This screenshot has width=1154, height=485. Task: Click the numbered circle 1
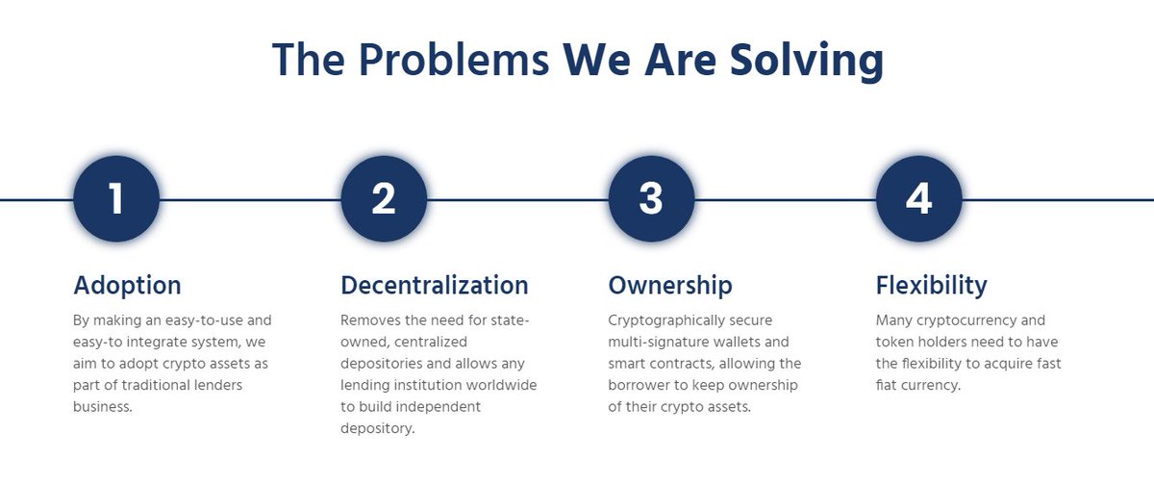[x=116, y=199]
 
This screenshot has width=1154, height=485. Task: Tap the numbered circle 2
[x=384, y=199]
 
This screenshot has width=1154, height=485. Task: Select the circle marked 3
[x=651, y=199]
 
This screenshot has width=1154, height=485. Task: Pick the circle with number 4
[x=918, y=199]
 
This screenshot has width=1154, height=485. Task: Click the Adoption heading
[x=127, y=286]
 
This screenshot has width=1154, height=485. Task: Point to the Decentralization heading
[x=435, y=286]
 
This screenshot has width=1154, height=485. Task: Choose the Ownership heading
[x=670, y=286]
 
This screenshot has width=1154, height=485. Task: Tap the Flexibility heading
[x=931, y=286]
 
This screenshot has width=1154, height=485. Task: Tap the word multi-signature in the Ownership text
[x=657, y=342]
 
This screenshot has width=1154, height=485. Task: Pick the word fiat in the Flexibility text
[x=891, y=385]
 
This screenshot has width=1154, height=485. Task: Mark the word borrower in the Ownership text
[x=650, y=385]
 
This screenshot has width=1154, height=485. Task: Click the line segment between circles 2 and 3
[x=517, y=200]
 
